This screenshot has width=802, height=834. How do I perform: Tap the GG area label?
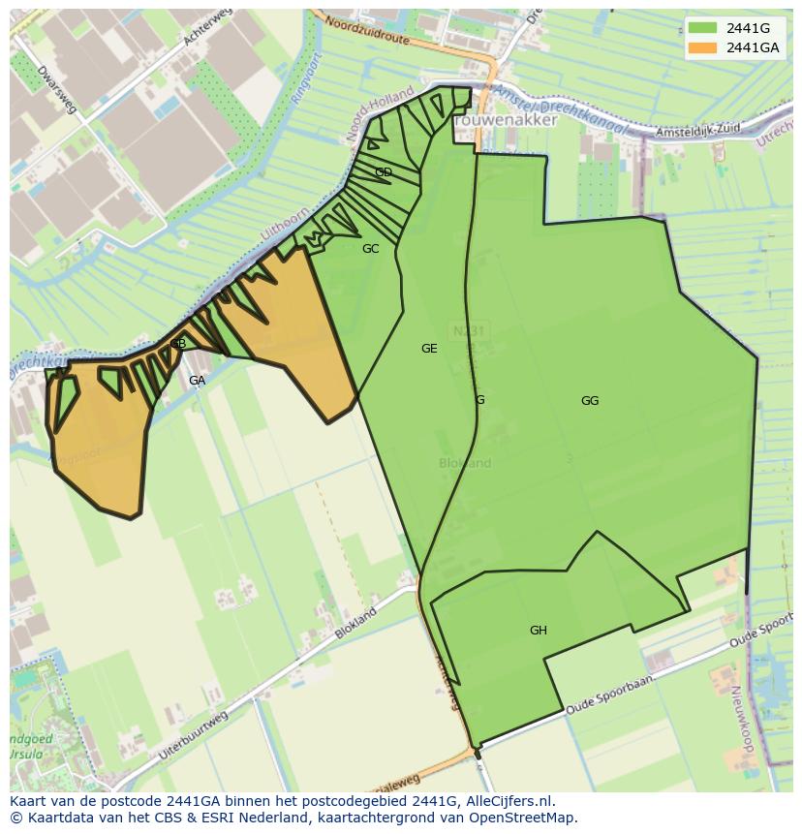click(590, 401)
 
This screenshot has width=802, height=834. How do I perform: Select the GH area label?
click(539, 631)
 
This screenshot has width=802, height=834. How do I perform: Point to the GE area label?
click(429, 349)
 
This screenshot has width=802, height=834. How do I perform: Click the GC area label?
click(370, 249)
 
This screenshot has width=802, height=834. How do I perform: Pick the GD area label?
click(384, 172)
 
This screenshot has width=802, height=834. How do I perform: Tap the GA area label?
click(197, 381)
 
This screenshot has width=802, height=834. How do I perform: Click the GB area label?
click(178, 344)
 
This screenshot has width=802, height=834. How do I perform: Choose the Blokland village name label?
click(465, 463)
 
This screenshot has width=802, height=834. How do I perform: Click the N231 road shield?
click(469, 331)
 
